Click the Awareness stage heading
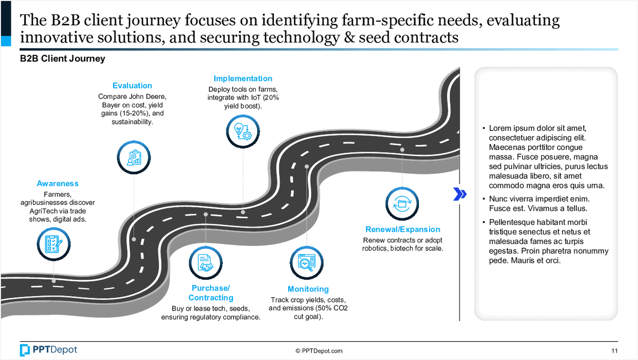57,183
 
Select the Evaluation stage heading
132,86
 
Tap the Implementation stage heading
243,79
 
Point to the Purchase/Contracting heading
211,293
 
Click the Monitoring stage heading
308,289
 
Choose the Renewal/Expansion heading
402,229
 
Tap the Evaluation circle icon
133,156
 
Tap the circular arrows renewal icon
402,203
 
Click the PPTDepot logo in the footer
48,350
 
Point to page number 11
615,351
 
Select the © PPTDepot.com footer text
319,351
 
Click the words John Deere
151,97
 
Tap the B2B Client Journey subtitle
63,58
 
